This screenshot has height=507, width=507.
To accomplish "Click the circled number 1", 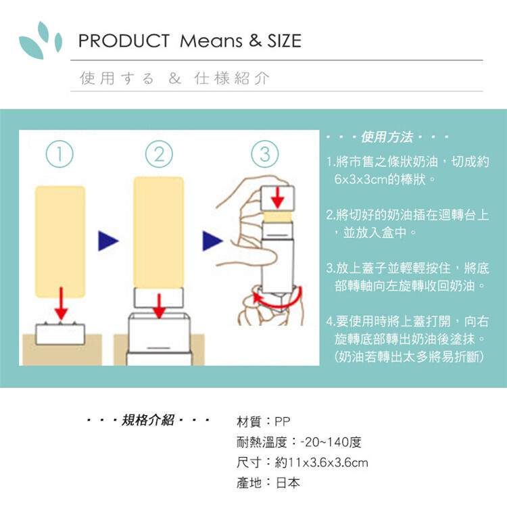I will coord(60,154).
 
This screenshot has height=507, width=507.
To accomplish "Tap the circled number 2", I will coord(158,154).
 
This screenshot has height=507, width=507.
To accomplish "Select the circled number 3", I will coord(265,155).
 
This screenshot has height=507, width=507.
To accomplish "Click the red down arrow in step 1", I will coord(61,303).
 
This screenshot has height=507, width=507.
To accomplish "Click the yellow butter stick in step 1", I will coord(60,240).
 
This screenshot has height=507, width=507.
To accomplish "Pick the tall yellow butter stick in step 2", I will coord(159,230).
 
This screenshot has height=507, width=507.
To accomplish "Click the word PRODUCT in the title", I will coord(124,41).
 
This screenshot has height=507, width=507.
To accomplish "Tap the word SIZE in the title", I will coord(283,41).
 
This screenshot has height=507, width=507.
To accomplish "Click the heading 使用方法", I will coord(387,138).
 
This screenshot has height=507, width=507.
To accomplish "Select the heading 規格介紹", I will coord(148,421).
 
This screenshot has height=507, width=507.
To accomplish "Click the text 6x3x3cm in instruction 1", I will coord(362,181).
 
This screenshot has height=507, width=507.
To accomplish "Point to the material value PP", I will coord(283,421).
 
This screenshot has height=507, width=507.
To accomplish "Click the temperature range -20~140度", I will coord(331,442).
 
